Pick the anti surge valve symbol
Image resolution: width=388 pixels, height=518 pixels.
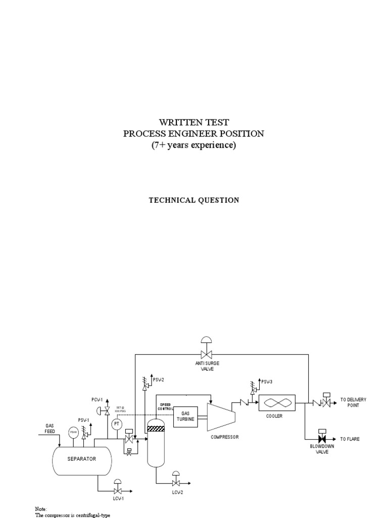[x=206, y=353]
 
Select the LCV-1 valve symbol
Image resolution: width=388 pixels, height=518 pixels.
[x=117, y=491]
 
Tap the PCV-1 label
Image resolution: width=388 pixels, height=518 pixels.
[x=98, y=400]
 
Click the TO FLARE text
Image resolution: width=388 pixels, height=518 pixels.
[x=350, y=439]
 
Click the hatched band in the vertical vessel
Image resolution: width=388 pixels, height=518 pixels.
[x=156, y=428]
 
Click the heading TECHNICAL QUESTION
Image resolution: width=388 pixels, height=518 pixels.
[x=193, y=200]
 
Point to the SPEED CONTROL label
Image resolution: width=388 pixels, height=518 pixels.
[x=166, y=406]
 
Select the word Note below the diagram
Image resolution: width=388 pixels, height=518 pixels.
[x=40, y=508]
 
